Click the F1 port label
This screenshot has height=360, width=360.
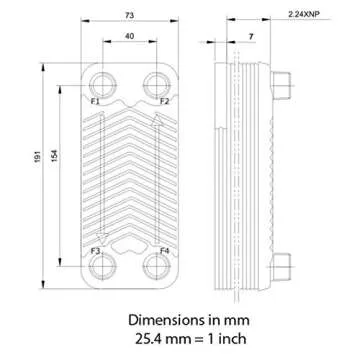[x=95, y=102]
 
